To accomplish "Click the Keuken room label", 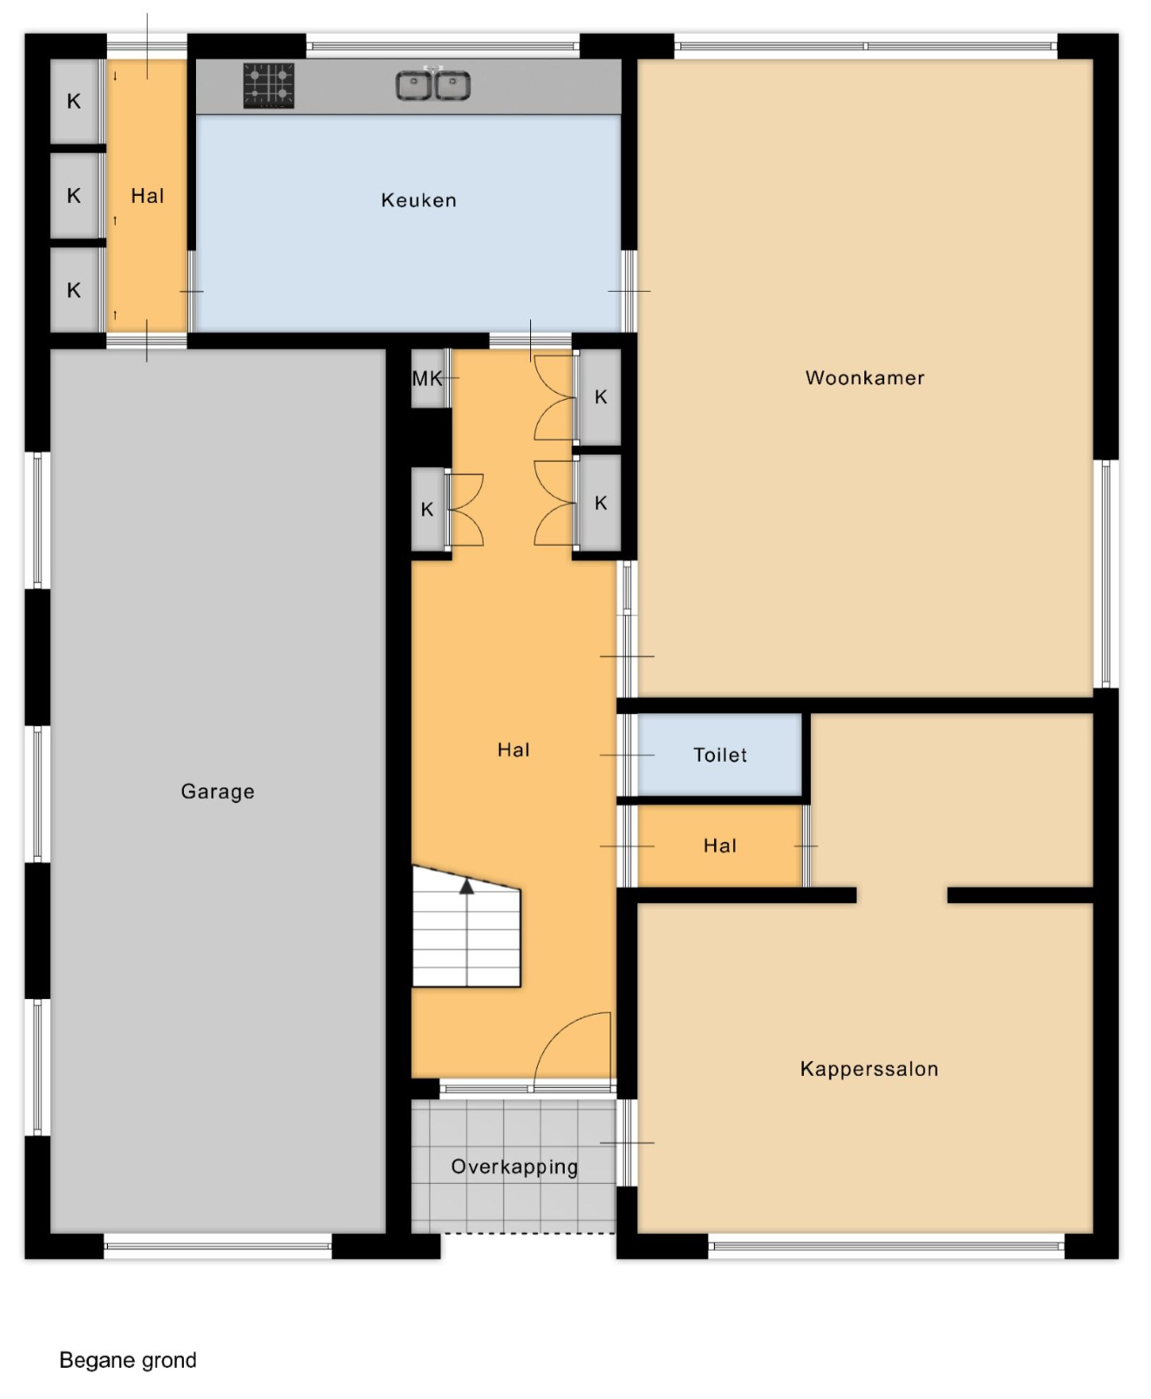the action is (419, 200).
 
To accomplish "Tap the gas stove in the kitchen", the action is (269, 85).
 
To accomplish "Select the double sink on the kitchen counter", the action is (433, 85).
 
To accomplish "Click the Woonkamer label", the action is (865, 377).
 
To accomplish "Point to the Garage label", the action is (218, 792).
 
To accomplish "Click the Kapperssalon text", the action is (870, 1069).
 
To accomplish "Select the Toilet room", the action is (720, 755).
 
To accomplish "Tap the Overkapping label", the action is (515, 1168).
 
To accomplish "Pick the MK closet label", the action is (427, 378).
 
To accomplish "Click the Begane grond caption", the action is (128, 1361).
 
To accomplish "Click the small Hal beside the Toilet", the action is (720, 845).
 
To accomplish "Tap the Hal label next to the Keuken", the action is (148, 196).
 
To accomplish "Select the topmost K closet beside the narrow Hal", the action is (74, 101).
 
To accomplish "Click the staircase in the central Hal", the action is (466, 926).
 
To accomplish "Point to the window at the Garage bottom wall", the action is (218, 1245).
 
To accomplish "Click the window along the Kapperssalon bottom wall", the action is (886, 1245).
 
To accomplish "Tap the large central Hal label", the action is (514, 750).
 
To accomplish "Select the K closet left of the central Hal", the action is (427, 510).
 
